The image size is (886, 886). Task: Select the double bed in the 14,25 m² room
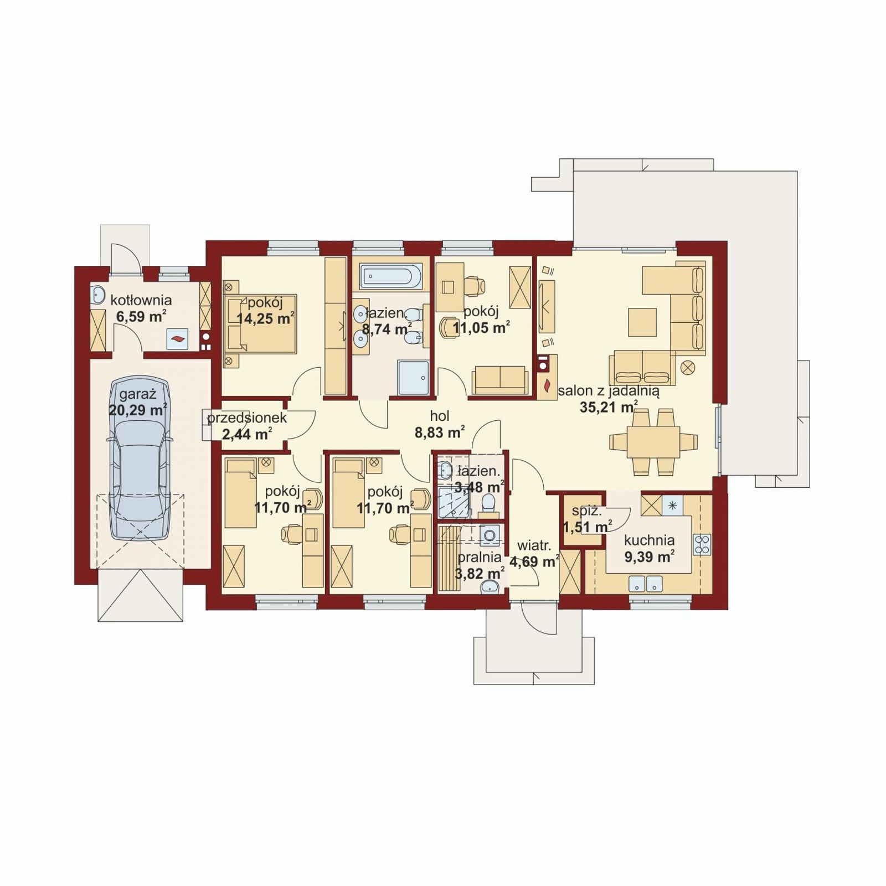point(260,324)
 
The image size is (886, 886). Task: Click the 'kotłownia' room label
point(141,300)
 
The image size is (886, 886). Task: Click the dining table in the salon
point(653,442)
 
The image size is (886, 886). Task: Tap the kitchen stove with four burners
point(702,545)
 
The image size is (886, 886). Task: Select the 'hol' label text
point(440,416)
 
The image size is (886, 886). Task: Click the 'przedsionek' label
point(247,418)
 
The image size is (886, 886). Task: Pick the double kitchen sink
point(646,584)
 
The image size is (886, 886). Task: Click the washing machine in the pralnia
point(490,535)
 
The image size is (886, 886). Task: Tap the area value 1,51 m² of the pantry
point(588,526)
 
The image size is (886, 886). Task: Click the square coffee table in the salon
point(642,322)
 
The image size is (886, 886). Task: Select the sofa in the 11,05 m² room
point(499,380)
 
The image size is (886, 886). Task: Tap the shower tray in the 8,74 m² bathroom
point(413,378)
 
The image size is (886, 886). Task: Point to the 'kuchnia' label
point(649,540)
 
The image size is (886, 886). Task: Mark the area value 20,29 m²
point(138,410)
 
